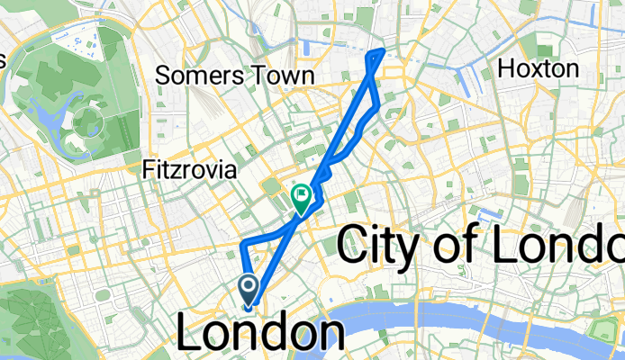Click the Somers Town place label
click(234, 76)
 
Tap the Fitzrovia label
click(190, 168)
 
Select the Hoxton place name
click(538, 68)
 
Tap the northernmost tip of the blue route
click(385, 49)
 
